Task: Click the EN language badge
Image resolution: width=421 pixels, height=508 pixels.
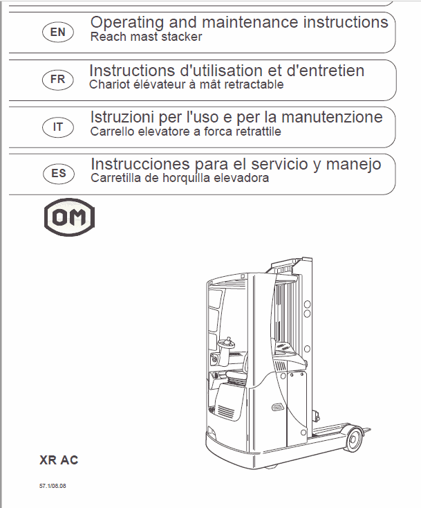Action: pyautogui.click(x=58, y=31)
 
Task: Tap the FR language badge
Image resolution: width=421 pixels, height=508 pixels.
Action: pyautogui.click(x=58, y=79)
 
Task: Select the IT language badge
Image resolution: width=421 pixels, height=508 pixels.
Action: pyautogui.click(x=58, y=126)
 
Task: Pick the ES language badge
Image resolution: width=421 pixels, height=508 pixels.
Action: pyautogui.click(x=59, y=173)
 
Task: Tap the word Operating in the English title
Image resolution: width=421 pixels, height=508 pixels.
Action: pyautogui.click(x=121, y=22)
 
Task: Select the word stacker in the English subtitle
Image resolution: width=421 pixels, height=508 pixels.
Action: pyautogui.click(x=184, y=37)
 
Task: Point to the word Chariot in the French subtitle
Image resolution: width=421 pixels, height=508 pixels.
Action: pyautogui.click(x=108, y=84)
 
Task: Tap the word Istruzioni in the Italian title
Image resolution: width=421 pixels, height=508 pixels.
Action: pyautogui.click(x=121, y=117)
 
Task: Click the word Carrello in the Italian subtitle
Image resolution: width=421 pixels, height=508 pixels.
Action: pyautogui.click(x=111, y=131)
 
